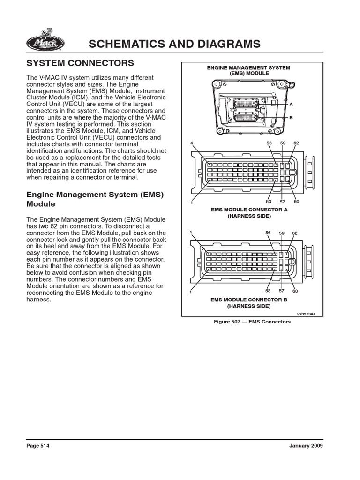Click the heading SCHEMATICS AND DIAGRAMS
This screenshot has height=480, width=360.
(x=174, y=44)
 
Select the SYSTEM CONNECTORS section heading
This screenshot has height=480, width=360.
(x=80, y=63)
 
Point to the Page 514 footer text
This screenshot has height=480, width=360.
(x=37, y=446)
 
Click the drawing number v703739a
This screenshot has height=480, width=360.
(x=306, y=315)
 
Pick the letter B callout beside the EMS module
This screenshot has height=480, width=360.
(x=291, y=117)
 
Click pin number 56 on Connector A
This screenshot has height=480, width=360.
(x=269, y=143)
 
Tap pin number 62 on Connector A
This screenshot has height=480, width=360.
(x=296, y=143)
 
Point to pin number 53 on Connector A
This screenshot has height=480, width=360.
(x=269, y=201)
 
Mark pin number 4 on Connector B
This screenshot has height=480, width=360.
(x=191, y=232)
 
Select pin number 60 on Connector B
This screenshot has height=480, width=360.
(x=296, y=291)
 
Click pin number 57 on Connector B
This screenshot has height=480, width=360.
(x=282, y=291)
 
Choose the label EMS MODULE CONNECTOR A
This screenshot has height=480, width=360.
(x=249, y=210)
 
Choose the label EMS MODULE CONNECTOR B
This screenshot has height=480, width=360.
(x=249, y=299)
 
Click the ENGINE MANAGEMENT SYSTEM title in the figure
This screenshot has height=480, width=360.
(x=249, y=68)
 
